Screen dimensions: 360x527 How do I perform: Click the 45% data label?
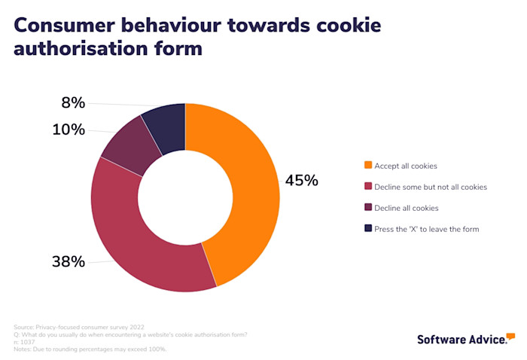tap(301, 181)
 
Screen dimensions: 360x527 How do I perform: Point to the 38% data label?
tap(68, 262)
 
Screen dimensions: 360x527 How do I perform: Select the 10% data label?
tap(69, 130)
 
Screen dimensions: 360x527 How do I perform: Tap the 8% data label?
tap(73, 103)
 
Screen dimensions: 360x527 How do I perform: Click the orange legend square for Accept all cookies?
tap(368, 166)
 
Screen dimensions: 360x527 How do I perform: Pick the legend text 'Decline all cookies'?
tap(407, 208)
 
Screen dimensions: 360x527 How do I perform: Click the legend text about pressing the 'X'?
tap(428, 228)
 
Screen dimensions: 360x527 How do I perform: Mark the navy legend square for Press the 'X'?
tap(368, 228)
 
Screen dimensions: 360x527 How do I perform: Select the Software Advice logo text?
tap(462, 340)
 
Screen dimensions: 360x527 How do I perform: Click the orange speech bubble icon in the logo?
tap(510, 335)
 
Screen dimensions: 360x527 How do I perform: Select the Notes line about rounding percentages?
tap(90, 349)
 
